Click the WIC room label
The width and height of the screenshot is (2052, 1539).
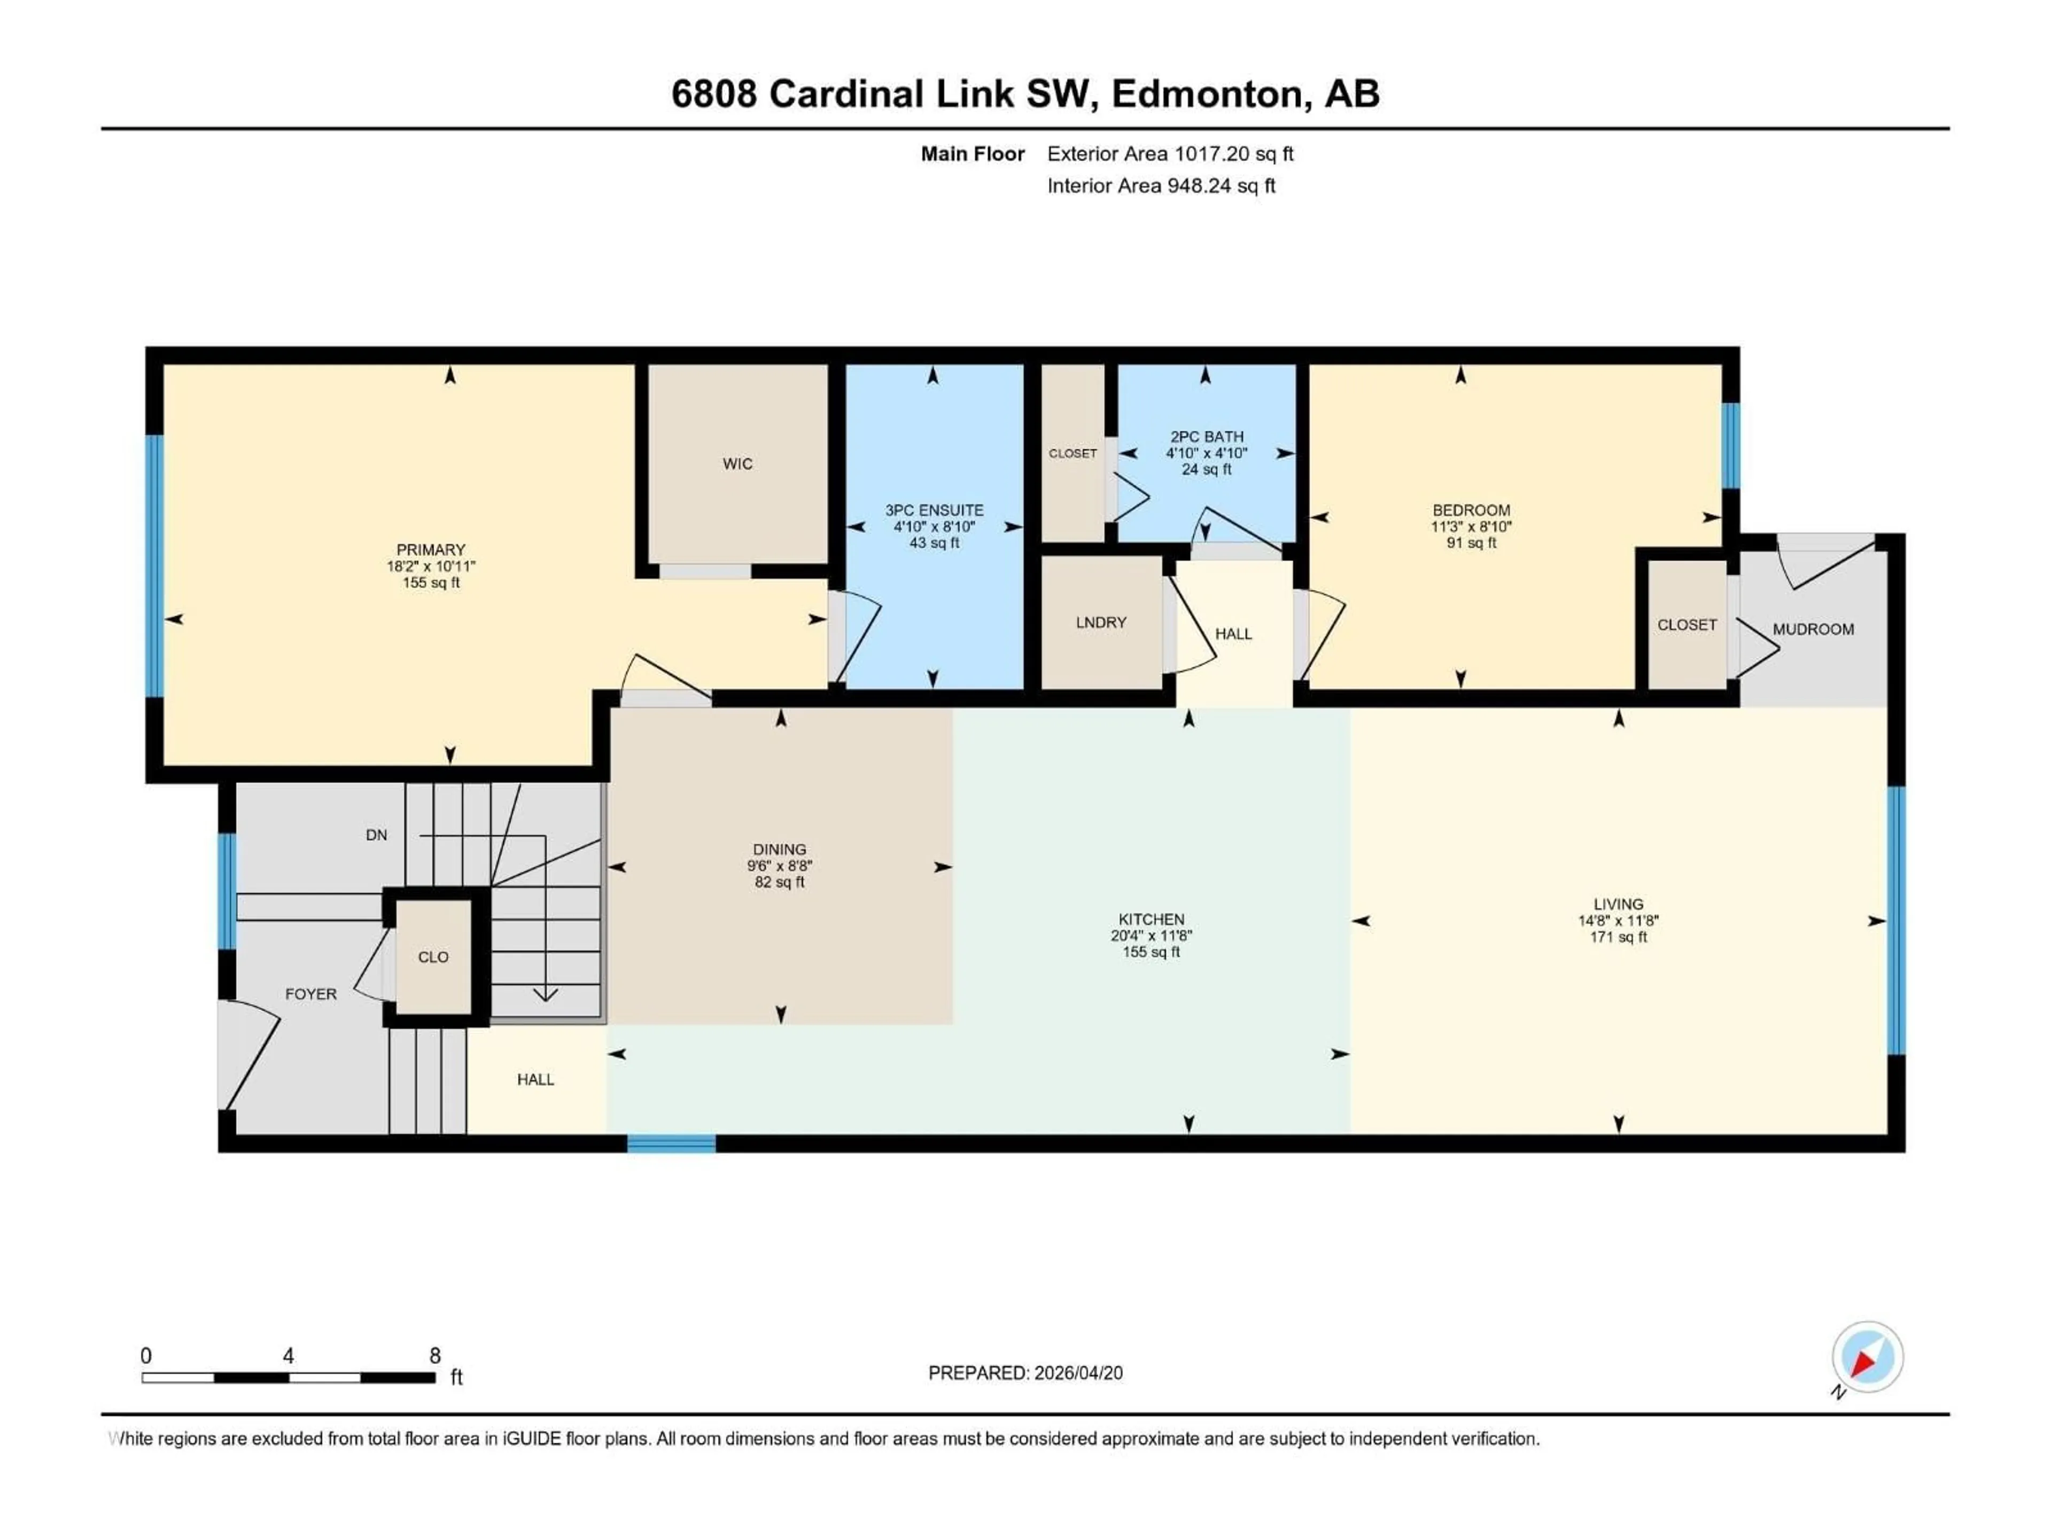737,464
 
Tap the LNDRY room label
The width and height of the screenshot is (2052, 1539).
1101,623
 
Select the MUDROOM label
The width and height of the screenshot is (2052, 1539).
1813,629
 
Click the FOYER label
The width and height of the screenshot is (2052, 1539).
311,993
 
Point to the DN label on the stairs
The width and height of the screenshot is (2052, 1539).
376,835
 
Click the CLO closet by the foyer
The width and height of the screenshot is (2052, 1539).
433,957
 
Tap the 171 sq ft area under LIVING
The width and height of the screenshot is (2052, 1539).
1618,937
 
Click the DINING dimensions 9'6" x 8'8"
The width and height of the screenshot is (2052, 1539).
779,866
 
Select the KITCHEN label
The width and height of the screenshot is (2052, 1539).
1151,919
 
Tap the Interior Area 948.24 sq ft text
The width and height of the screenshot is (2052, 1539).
1161,185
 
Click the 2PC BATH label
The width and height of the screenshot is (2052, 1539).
1206,436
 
